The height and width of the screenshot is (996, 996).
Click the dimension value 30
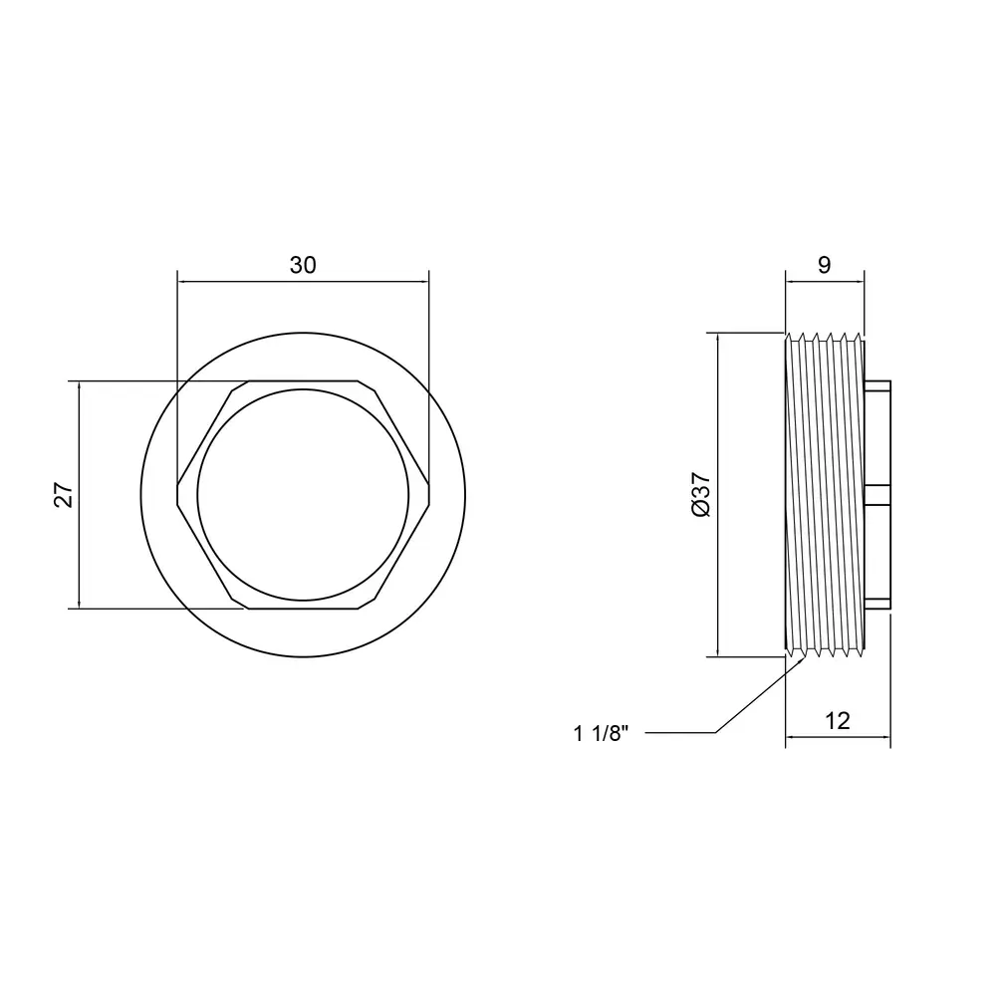point(303,265)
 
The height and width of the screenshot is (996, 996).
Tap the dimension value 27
point(64,495)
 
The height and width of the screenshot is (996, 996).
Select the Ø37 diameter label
point(701,495)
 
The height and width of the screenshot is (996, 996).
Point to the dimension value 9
point(824,265)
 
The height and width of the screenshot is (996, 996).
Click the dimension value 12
point(838,721)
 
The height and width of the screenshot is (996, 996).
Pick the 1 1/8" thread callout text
point(601,734)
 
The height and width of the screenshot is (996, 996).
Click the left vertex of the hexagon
point(177,495)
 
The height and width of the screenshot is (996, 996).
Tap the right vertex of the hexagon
point(429,495)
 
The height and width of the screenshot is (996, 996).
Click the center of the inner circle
point(303,495)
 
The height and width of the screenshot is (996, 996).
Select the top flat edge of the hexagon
point(303,381)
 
